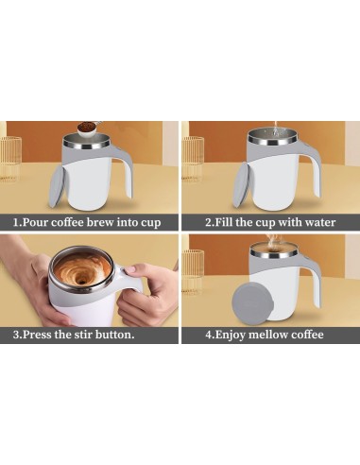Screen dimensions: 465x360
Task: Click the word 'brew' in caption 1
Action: point(109,223)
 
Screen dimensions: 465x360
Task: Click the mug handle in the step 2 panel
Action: point(303,170)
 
